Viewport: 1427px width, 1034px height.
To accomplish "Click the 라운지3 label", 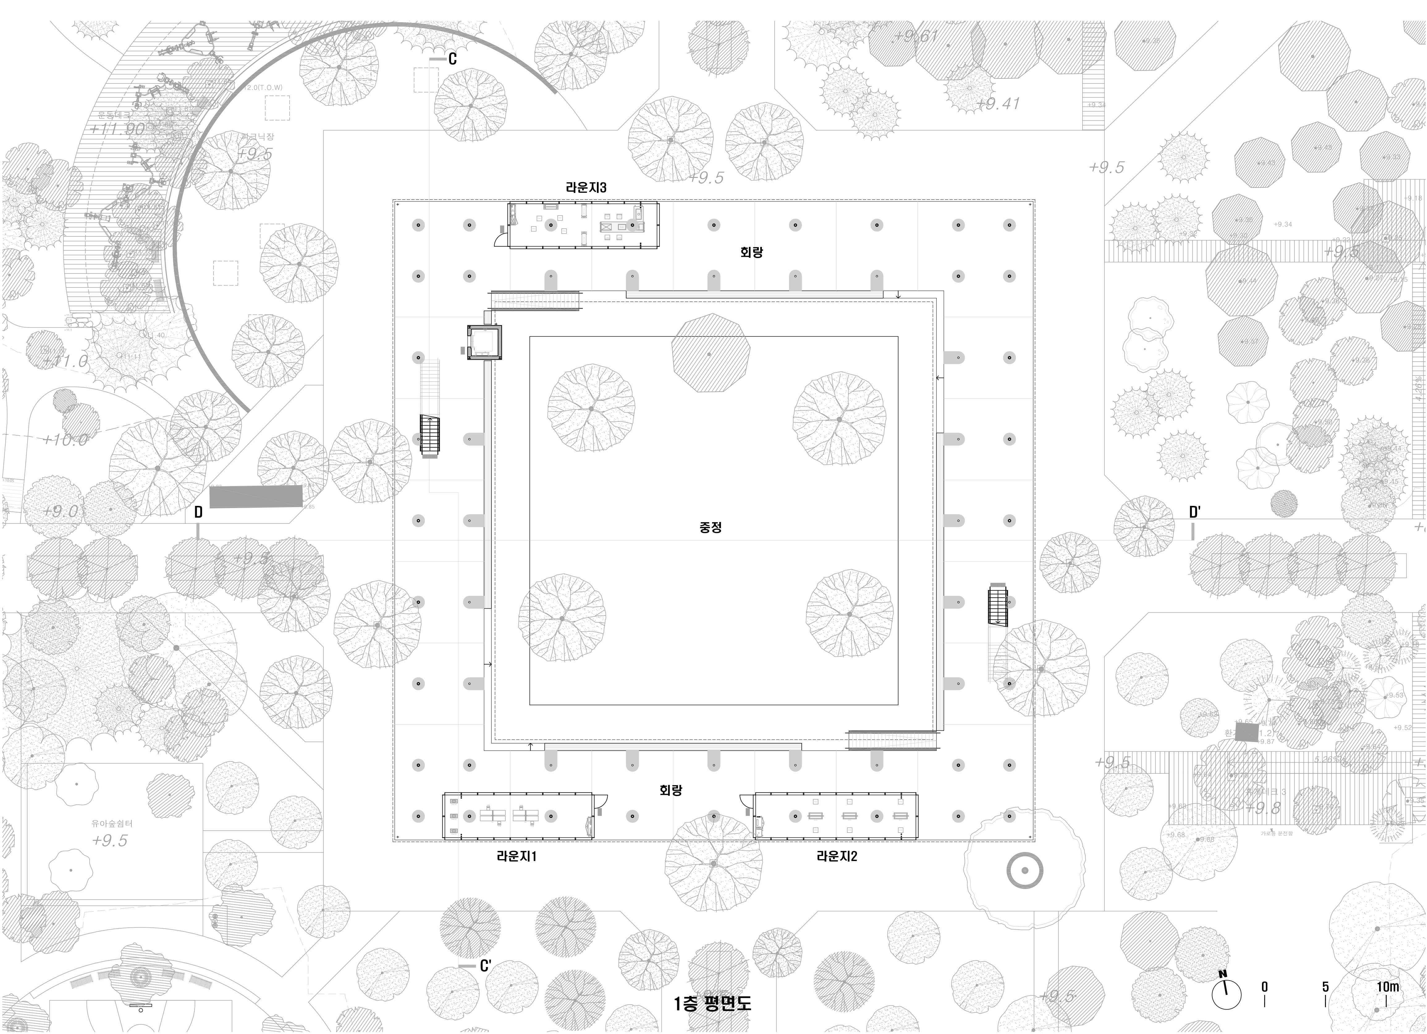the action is coord(586,188).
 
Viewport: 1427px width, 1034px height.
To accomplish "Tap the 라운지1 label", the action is coord(517,857).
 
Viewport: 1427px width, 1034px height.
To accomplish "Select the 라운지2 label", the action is coord(837,857).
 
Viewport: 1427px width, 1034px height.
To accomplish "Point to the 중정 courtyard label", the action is coord(710,528).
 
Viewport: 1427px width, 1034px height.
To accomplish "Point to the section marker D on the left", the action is coord(198,512).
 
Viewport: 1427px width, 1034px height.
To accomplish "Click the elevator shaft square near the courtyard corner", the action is coord(484,343).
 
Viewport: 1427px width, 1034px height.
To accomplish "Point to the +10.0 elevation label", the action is coord(65,439).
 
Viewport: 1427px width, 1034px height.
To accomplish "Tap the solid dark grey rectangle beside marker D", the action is coord(255,497).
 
